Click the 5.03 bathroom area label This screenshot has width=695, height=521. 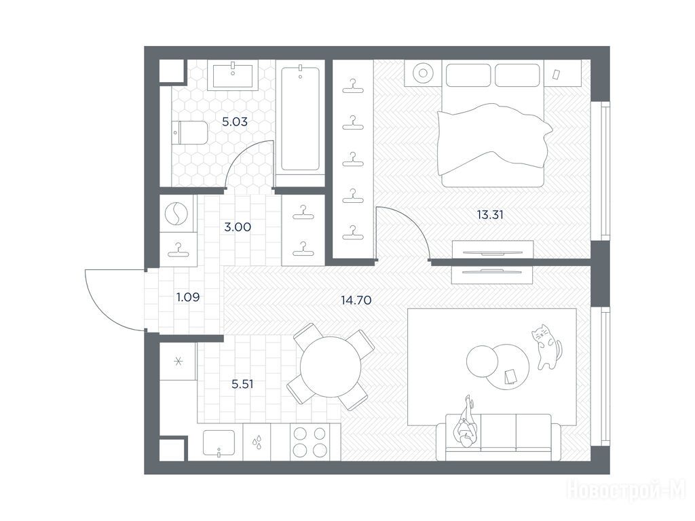click(234, 121)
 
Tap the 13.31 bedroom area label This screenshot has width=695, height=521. click(490, 215)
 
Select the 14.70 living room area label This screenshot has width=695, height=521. click(356, 300)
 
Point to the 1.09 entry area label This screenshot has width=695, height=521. click(188, 297)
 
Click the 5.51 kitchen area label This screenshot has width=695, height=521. click(242, 384)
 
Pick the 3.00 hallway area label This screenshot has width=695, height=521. click(238, 227)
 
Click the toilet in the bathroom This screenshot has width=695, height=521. click(190, 132)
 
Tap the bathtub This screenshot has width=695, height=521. click(300, 118)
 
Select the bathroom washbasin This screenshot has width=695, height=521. click(233, 76)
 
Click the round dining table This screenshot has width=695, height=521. click(331, 366)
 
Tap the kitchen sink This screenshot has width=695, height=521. click(219, 442)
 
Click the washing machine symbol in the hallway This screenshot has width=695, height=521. click(176, 214)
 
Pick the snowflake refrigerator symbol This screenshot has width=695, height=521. click(179, 362)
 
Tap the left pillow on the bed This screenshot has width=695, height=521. click(468, 75)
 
